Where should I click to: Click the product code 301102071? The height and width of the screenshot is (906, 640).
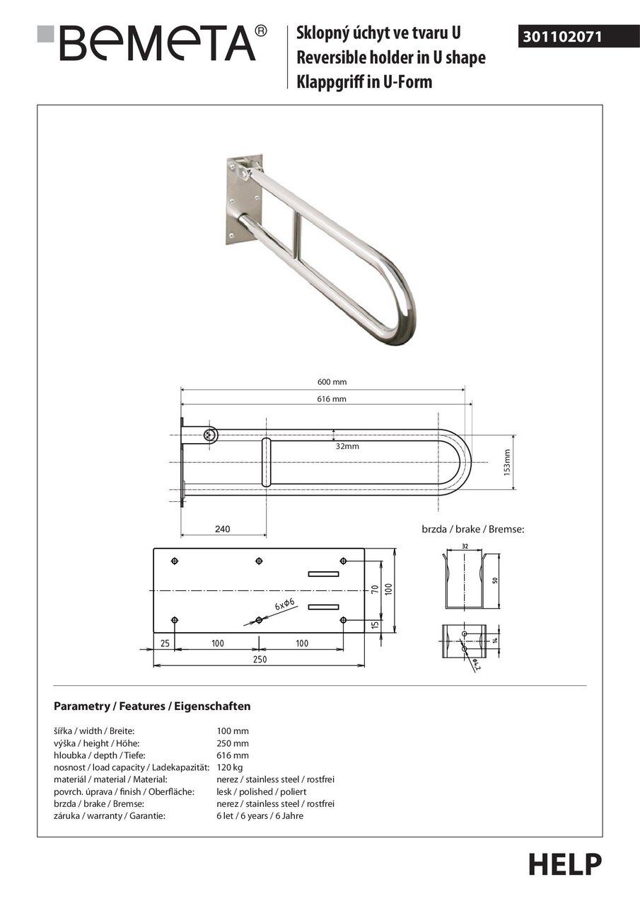[563, 36]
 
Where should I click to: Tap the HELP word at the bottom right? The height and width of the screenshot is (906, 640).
[564, 865]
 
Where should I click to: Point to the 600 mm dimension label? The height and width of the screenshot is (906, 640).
[332, 382]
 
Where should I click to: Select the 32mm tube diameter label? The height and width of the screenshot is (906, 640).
[347, 447]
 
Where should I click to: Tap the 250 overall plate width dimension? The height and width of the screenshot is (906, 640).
[260, 659]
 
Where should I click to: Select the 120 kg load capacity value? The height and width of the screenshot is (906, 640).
[229, 767]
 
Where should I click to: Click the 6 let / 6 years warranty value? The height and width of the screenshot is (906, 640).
[260, 816]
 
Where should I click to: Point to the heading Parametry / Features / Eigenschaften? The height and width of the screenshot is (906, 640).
[152, 706]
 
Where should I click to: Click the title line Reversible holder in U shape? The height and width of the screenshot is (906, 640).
[390, 58]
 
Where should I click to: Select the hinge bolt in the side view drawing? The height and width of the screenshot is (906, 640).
[209, 435]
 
